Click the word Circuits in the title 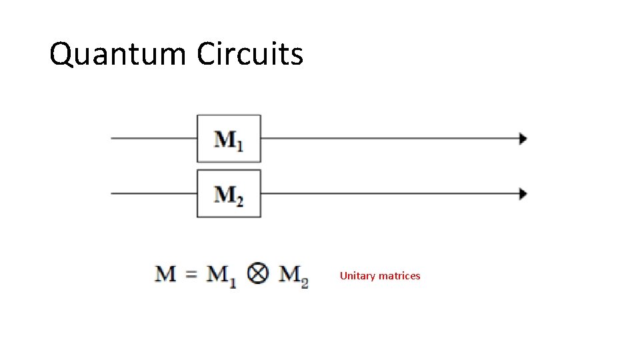250,54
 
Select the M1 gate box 229,139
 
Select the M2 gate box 229,193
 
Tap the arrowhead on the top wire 523,139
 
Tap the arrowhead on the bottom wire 523,194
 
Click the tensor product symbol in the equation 257,274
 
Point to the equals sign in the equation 191,274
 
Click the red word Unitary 358,276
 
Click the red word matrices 400,276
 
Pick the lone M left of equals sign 166,274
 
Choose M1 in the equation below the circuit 221,275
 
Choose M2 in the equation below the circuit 293,275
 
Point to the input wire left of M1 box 153,139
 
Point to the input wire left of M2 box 153,194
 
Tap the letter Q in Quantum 62,55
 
